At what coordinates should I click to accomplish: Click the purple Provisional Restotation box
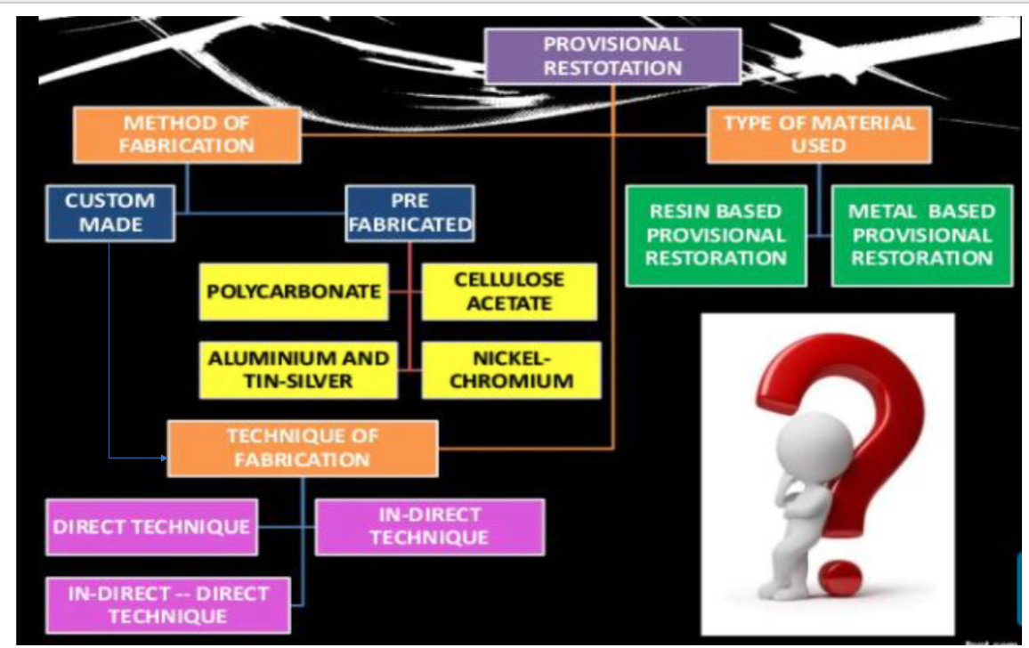pos(613,56)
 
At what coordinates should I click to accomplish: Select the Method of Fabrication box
pos(187,134)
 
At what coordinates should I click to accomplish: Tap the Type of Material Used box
pos(819,134)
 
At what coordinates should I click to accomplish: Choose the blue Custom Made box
pos(110,214)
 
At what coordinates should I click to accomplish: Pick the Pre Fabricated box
pos(409,214)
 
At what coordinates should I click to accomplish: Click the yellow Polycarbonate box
pos(294,291)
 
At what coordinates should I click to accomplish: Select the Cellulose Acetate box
pos(509,291)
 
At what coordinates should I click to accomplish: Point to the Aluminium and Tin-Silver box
pos(298,369)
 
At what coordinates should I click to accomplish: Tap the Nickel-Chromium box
pos(511,369)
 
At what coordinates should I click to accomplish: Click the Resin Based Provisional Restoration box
pos(716,236)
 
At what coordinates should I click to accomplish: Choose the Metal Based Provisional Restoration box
pos(922,236)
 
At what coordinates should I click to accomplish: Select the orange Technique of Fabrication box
pos(303,449)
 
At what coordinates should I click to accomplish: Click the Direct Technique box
pos(151,527)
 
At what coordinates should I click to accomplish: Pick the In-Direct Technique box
pos(430,527)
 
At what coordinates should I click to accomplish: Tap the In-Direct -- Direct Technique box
pos(168,605)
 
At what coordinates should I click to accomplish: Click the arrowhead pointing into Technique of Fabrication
pos(164,458)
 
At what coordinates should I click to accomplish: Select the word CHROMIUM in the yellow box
pos(511,381)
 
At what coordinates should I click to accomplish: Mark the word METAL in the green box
pos(878,212)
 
